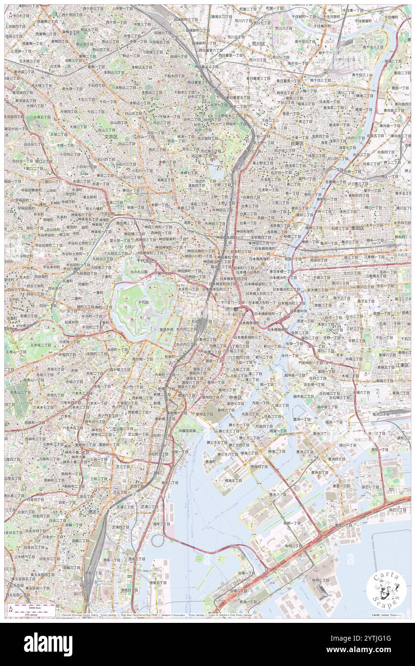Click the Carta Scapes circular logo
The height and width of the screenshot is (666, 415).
tap(386, 590)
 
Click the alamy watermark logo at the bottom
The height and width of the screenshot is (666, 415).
tap(48, 644)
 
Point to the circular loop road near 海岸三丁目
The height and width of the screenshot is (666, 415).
tap(158, 540)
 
